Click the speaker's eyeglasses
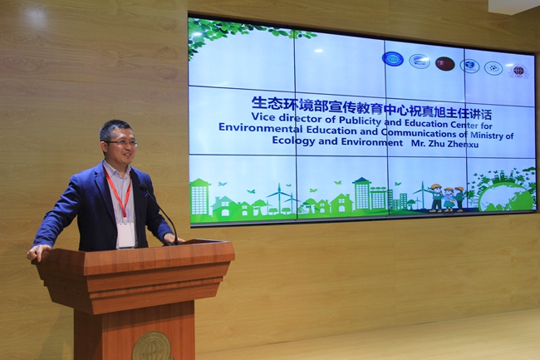pos(122,143)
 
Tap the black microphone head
pos(143,187)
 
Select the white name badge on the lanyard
pos(125,235)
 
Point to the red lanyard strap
pos(119,194)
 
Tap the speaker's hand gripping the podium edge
pos(38,251)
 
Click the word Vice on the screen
pos(263,116)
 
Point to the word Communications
pos(418,133)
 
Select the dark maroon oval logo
pos(444,64)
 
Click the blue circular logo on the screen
pos(393,59)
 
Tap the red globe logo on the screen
pos(518,71)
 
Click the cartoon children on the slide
pos(447,198)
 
